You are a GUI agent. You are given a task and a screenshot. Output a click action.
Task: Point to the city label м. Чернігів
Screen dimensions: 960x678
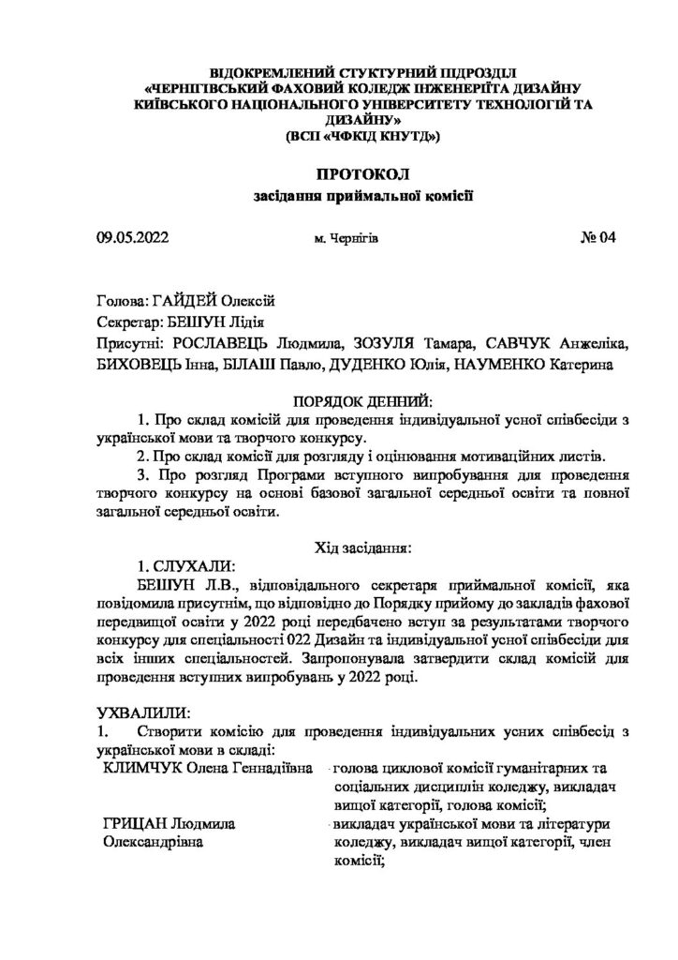(x=347, y=241)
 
